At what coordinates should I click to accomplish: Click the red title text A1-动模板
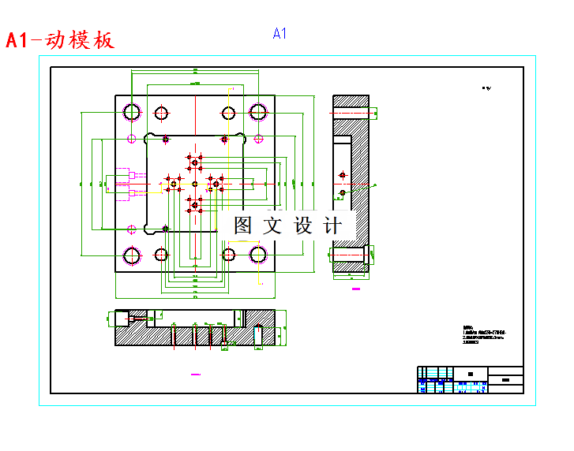tap(60, 40)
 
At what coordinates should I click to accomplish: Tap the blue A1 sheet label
tap(279, 33)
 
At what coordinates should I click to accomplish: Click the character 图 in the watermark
tap(243, 225)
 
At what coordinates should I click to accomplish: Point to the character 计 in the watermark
tap(333, 225)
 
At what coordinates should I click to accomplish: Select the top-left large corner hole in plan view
tap(131, 111)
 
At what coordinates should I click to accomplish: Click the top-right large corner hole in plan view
tap(257, 111)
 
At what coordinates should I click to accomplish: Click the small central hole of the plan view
tap(194, 183)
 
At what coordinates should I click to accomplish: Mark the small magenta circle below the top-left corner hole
tap(131, 139)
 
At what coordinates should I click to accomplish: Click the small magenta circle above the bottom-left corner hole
tap(131, 229)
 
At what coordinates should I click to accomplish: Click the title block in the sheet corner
tap(470, 379)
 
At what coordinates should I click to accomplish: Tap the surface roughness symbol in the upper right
tap(486, 88)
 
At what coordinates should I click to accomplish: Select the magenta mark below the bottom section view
tap(196, 371)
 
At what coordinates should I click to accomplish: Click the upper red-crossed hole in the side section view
tap(342, 174)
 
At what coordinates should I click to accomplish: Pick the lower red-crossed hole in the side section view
tap(342, 192)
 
